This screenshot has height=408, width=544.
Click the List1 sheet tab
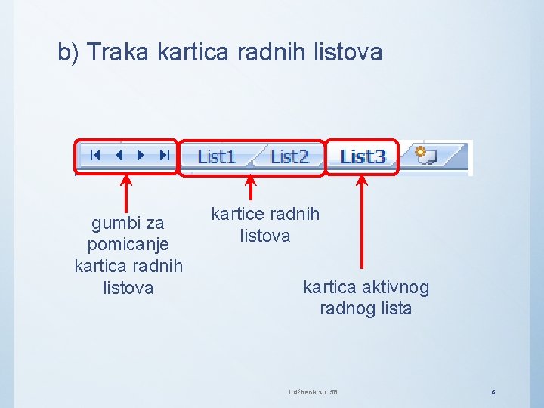pyautogui.click(x=216, y=156)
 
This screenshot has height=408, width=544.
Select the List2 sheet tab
pyautogui.click(x=290, y=156)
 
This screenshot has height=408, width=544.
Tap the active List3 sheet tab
pyautogui.click(x=363, y=156)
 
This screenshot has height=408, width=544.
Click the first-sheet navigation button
pyautogui.click(x=95, y=155)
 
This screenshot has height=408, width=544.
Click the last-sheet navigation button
pyautogui.click(x=164, y=155)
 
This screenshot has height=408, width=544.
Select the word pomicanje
pyautogui.click(x=128, y=245)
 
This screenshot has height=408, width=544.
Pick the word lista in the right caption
pyautogui.click(x=396, y=308)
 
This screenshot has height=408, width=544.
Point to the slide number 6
pyautogui.click(x=493, y=391)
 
